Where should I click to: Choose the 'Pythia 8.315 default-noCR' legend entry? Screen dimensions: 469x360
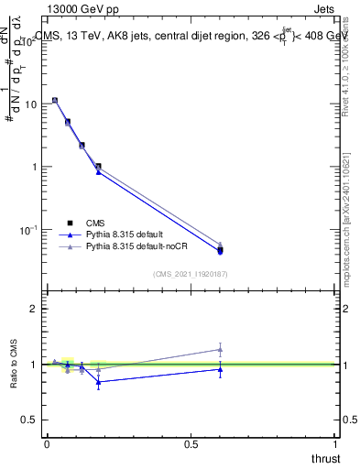(134, 246)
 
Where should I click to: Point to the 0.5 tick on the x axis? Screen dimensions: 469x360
(191, 443)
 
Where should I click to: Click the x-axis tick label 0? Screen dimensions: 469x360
(46, 443)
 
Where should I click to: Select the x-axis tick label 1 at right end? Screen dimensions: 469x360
(336, 443)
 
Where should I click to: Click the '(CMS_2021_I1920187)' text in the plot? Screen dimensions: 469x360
(191, 273)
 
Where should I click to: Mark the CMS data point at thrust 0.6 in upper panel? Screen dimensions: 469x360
(220, 250)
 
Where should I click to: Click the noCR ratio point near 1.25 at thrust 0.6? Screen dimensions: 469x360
(220, 349)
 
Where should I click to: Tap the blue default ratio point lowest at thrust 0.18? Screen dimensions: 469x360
(98, 382)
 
